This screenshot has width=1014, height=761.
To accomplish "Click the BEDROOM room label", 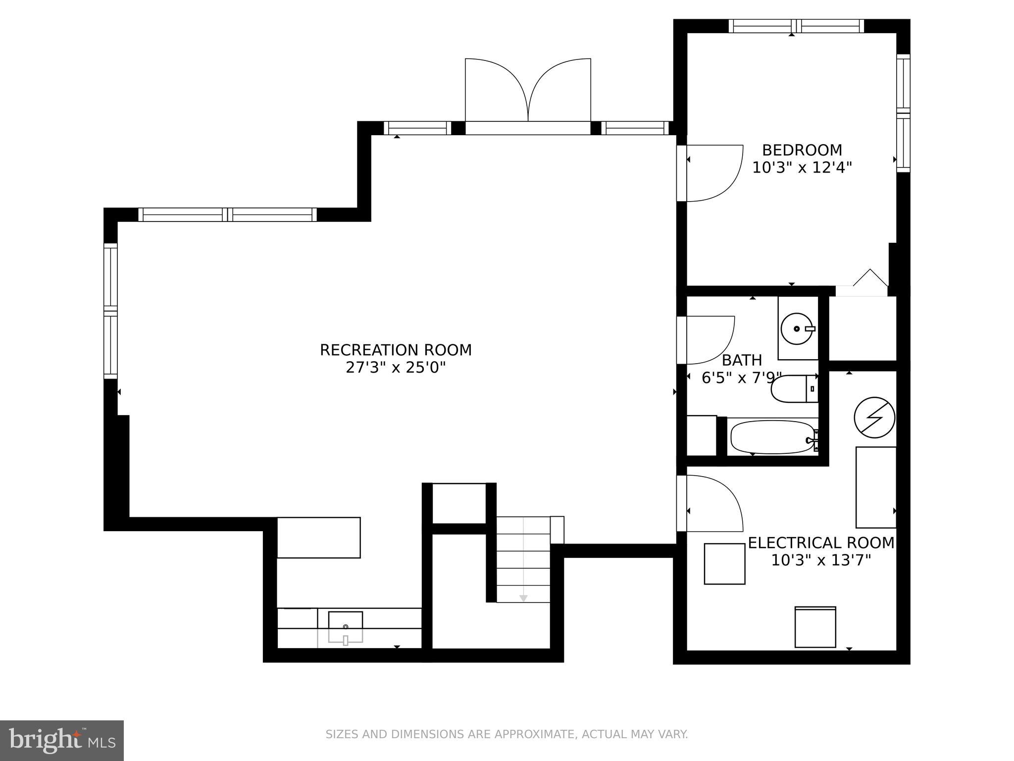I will point(802,150).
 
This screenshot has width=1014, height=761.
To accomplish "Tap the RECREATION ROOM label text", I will point(396,350).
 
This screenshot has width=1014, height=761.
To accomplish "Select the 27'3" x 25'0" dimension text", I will point(396,368).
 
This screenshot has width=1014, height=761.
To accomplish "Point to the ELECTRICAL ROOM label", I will point(821,543).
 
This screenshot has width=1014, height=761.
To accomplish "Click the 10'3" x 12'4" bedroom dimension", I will point(802,167).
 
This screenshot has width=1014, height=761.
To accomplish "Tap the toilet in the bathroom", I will point(792,389).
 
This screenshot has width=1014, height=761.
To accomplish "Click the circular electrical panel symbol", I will point(874,417).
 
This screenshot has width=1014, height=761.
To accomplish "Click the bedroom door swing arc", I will point(713,173).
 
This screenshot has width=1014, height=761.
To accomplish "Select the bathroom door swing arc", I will point(708,339).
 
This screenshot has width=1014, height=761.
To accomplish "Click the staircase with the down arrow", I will point(523,560).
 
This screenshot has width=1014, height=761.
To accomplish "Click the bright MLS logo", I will point(61,740).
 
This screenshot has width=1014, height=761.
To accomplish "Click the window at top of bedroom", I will point(796,26).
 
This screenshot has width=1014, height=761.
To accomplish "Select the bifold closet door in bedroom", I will point(869,280).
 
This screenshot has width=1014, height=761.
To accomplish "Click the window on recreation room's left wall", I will point(110,311).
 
